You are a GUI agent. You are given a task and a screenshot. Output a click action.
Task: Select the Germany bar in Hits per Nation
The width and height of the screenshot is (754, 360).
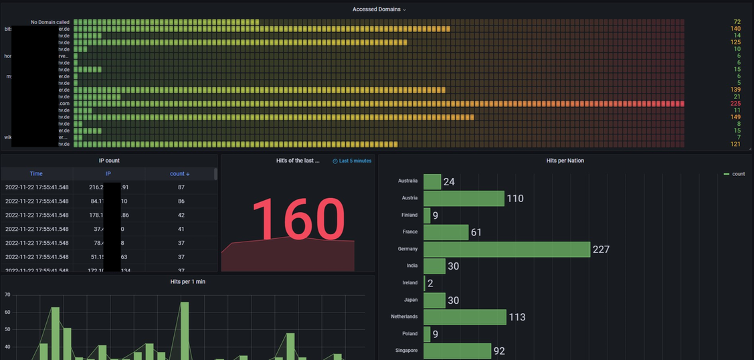click(x=506, y=249)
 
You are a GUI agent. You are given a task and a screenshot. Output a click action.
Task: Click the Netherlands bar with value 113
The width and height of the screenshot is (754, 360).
click(x=464, y=317)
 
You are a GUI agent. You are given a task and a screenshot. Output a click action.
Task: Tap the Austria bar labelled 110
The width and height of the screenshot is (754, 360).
click(x=464, y=198)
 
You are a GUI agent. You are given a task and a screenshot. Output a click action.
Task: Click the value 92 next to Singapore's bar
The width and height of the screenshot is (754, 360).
click(x=499, y=351)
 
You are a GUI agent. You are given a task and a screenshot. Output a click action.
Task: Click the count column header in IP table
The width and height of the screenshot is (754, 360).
click(x=180, y=174)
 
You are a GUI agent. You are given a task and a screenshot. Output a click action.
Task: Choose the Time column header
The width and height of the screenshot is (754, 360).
click(x=36, y=174)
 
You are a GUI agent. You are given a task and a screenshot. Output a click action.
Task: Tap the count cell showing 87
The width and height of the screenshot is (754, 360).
click(x=181, y=187)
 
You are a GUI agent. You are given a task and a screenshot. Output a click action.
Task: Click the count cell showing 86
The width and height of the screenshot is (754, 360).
click(x=181, y=201)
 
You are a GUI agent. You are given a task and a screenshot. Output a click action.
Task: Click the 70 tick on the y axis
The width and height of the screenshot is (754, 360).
click(x=7, y=294)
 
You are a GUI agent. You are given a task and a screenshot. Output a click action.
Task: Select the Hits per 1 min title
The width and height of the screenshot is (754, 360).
click(x=188, y=282)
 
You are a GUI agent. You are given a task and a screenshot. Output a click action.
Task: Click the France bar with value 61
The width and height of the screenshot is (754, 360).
click(x=446, y=232)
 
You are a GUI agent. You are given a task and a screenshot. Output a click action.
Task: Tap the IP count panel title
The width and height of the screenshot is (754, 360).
click(x=108, y=161)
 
